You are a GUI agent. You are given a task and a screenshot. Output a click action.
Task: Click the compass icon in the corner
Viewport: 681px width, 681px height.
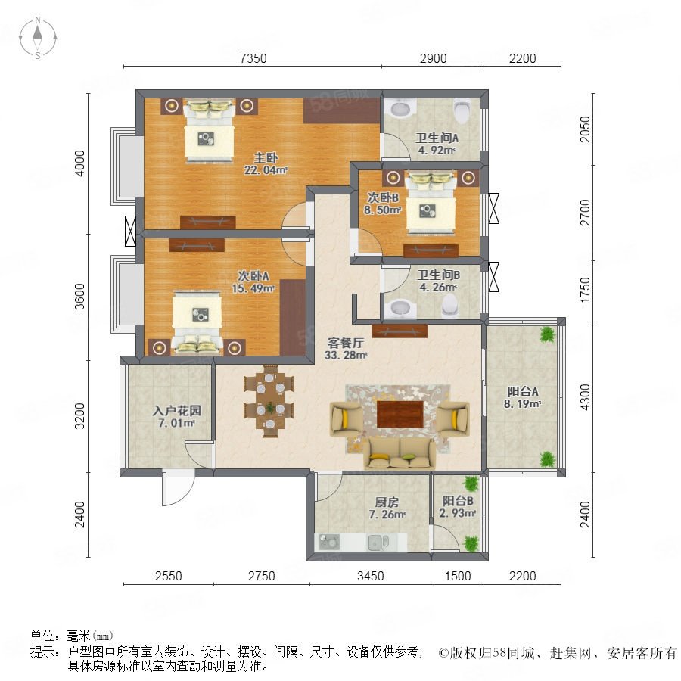point(38,38)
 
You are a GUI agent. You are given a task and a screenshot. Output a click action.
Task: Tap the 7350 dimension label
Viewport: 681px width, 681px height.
point(253,58)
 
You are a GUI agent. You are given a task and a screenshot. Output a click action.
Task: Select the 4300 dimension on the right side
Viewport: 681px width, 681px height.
point(585,397)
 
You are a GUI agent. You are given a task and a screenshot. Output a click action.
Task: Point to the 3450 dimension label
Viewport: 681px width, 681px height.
point(371,576)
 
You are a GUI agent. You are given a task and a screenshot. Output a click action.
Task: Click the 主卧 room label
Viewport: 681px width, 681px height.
point(266,157)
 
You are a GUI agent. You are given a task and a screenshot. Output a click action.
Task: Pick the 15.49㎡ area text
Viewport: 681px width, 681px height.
point(253,288)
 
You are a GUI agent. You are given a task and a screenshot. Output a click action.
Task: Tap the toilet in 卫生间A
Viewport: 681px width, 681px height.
point(462,110)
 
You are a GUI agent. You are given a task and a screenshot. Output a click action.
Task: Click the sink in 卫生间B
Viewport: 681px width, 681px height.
point(400,308)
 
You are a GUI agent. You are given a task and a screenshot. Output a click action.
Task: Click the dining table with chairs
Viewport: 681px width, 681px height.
point(269,400)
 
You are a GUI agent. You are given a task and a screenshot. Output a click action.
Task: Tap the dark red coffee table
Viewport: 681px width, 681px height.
point(400,414)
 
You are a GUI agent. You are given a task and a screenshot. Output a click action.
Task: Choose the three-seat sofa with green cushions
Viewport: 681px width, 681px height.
point(400,453)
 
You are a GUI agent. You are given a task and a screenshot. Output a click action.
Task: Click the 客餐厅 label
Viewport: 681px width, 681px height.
point(346,343)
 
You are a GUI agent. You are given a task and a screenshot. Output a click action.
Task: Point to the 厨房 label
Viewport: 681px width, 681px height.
point(387,502)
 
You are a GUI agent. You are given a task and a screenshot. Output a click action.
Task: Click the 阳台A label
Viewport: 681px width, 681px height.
point(523,391)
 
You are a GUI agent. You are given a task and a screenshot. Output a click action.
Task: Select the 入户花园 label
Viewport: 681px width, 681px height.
point(177,410)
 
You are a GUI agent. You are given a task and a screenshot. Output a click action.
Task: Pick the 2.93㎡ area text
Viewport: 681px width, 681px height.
point(457,513)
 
